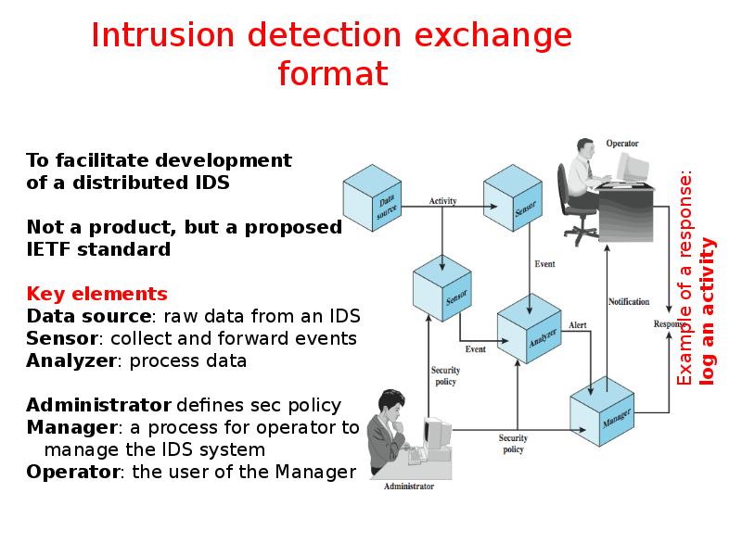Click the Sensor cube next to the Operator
click(x=515, y=205)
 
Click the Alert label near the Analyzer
click(x=578, y=325)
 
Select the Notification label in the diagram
click(x=629, y=301)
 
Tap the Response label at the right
click(x=669, y=324)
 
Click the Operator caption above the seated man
click(x=621, y=144)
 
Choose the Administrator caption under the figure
click(x=409, y=486)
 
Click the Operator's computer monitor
click(x=633, y=167)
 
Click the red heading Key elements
click(x=96, y=295)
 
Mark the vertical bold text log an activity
click(x=709, y=310)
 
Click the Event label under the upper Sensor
click(x=544, y=264)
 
